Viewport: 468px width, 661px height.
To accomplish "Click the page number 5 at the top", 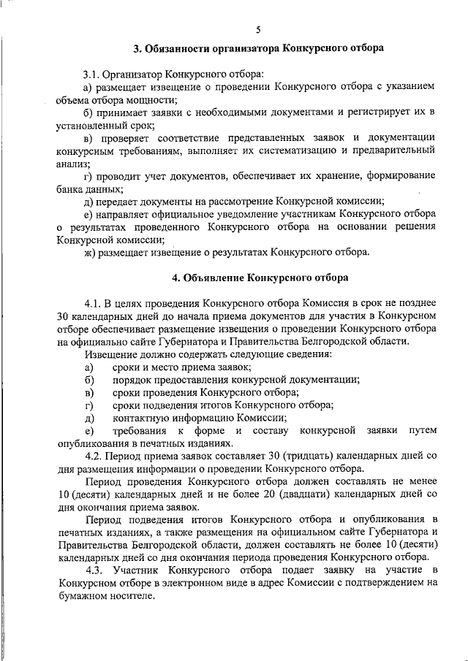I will pyautogui.click(x=257, y=29).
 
